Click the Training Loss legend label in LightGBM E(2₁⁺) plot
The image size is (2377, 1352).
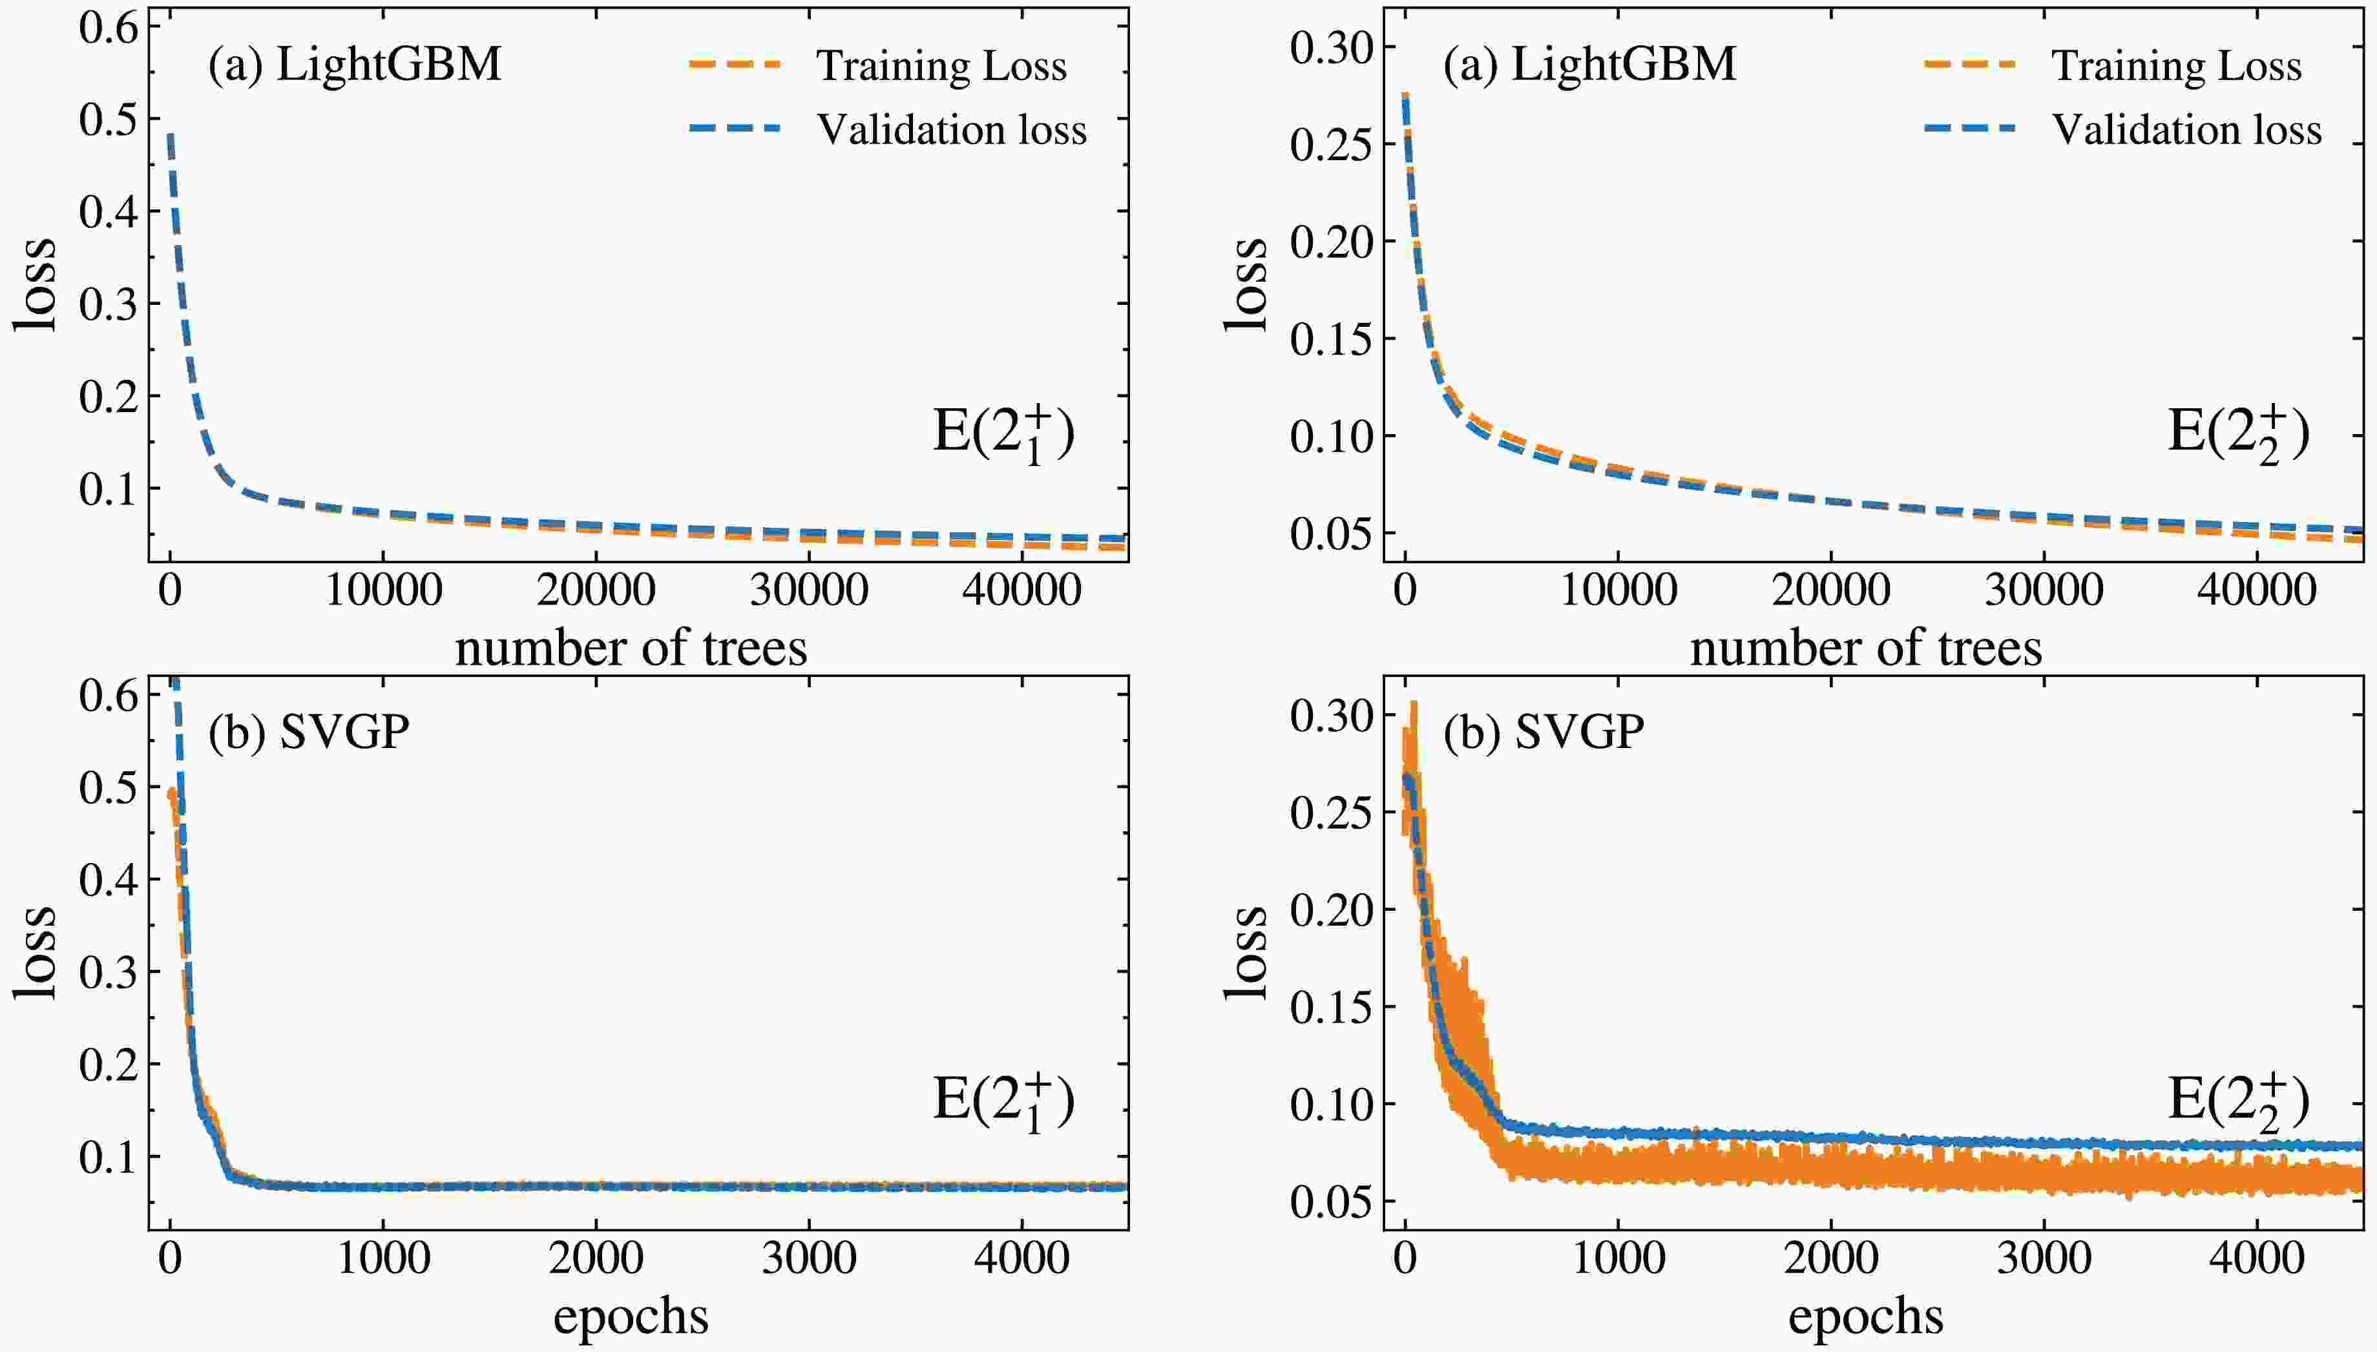[x=941, y=66]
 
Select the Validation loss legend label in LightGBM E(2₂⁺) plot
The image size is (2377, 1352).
[x=2186, y=130]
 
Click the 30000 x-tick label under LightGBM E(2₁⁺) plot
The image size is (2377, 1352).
[x=809, y=590]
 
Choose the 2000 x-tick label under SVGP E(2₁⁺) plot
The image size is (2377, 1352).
[x=595, y=1259]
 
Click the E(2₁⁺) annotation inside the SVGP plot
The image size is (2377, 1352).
[x=1003, y=1102]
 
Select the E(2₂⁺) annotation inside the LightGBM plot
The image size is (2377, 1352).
[x=2237, y=433]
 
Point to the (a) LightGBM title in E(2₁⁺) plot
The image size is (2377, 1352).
[x=355, y=65]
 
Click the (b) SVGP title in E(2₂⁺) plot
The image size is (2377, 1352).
[x=1543, y=733]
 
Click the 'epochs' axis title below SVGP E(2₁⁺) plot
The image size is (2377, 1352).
[x=631, y=1316]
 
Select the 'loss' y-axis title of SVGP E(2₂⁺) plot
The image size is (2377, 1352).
[x=1245, y=953]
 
